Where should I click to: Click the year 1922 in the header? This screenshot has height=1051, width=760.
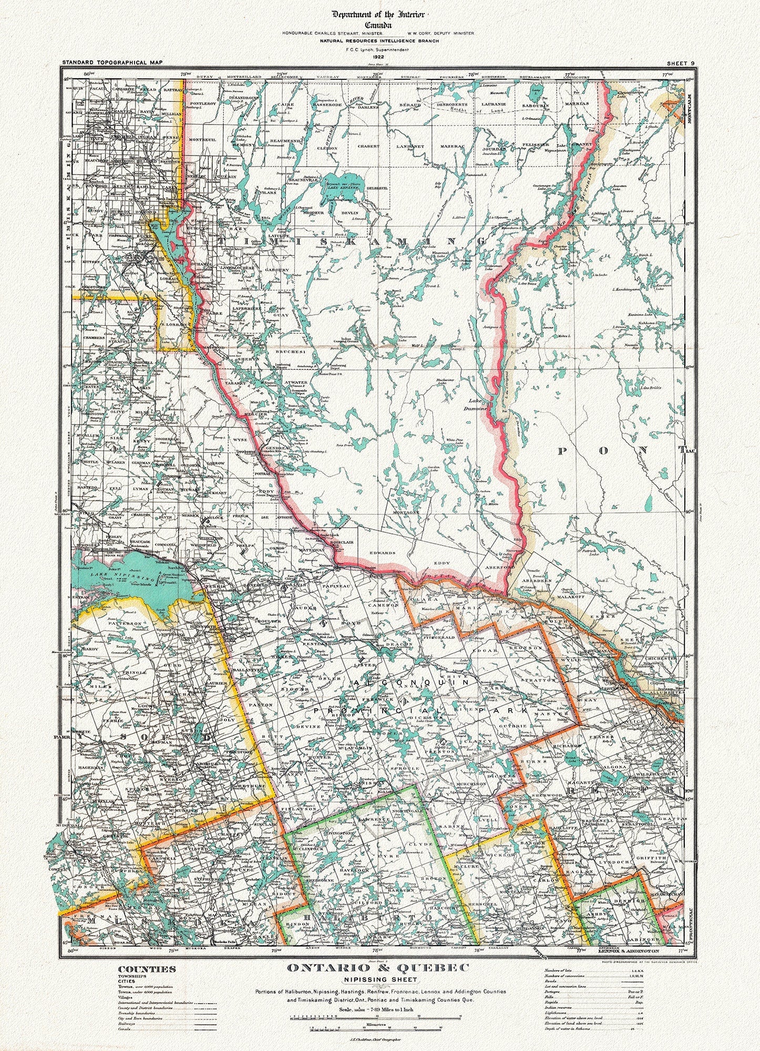pyautogui.click(x=379, y=56)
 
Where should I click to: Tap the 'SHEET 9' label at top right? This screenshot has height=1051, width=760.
pyautogui.click(x=681, y=63)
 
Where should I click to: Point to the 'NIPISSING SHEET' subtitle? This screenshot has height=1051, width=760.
pyautogui.click(x=379, y=979)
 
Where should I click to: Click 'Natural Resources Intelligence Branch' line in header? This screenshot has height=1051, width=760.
pyautogui.click(x=379, y=40)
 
